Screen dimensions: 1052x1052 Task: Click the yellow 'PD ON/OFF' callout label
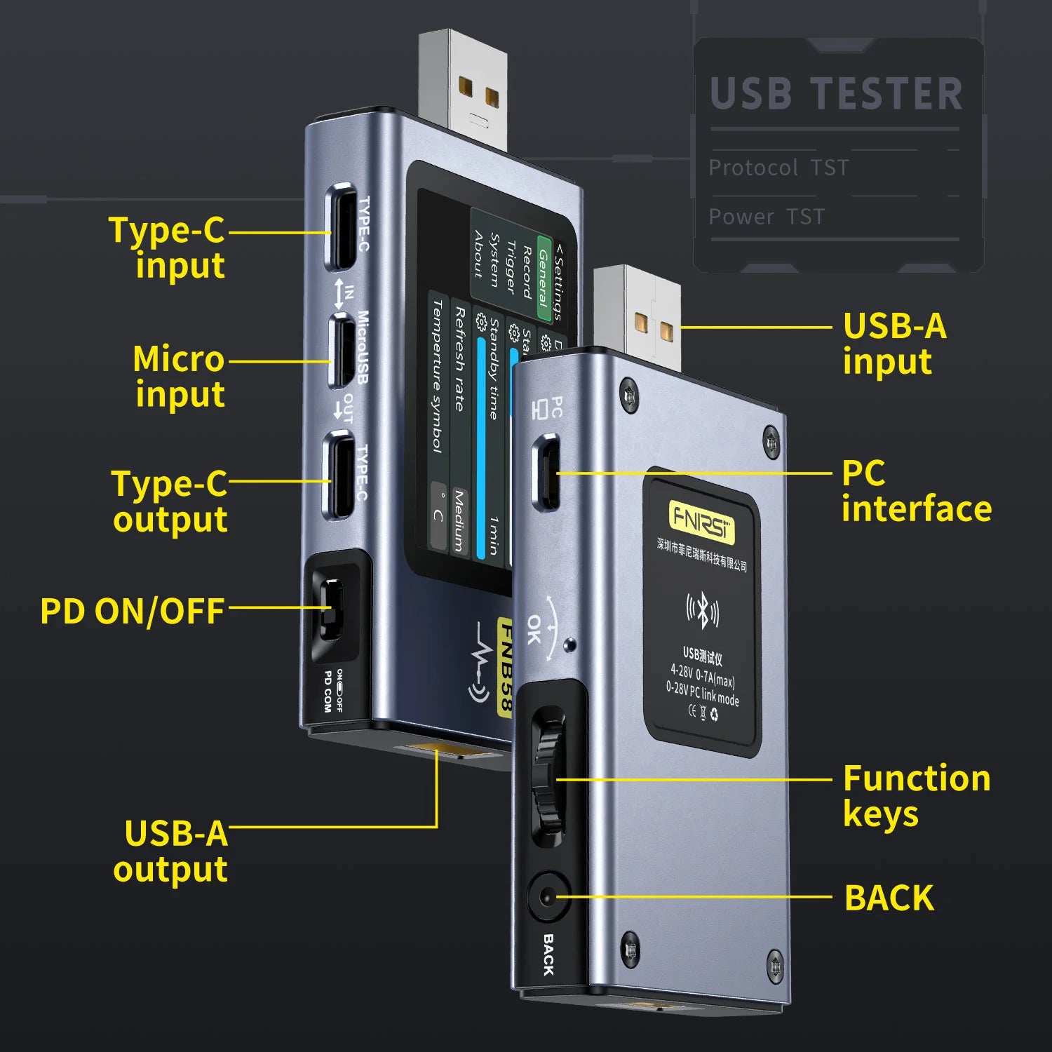[132, 611]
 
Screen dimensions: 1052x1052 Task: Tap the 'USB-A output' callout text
[171, 851]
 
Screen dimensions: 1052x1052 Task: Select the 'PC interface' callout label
[916, 491]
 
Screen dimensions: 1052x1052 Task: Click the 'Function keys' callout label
[916, 796]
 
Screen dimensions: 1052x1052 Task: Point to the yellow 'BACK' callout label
[889, 898]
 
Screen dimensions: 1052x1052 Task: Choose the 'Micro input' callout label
[180, 377]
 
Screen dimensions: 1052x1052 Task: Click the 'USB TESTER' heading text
[836, 95]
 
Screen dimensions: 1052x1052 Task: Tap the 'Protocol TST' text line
[778, 168]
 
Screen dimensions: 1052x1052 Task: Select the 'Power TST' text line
[767, 217]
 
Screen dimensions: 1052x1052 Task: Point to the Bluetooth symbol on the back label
[702, 610]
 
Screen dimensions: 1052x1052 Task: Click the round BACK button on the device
[546, 896]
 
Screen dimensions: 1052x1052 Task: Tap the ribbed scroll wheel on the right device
[547, 778]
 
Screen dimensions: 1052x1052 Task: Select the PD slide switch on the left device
[331, 608]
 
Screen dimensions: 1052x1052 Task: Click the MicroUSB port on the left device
[342, 351]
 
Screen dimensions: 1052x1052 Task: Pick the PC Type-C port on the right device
[548, 471]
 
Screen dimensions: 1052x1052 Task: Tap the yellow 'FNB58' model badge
[505, 666]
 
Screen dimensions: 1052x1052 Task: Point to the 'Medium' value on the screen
[459, 520]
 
